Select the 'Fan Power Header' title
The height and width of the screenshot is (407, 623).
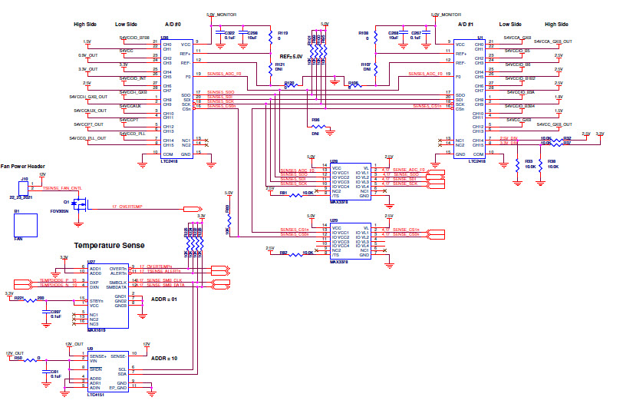[x=35, y=166]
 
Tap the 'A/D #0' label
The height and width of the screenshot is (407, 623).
[x=173, y=25]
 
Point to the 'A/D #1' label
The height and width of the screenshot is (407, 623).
[x=467, y=25]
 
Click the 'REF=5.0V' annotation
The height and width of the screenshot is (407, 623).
[x=293, y=57]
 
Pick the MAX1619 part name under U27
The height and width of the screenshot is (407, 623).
[x=96, y=330]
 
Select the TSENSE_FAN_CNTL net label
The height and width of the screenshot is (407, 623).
[x=62, y=188]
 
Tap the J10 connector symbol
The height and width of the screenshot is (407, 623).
[x=25, y=187]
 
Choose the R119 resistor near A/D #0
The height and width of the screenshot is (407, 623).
[x=270, y=37]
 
